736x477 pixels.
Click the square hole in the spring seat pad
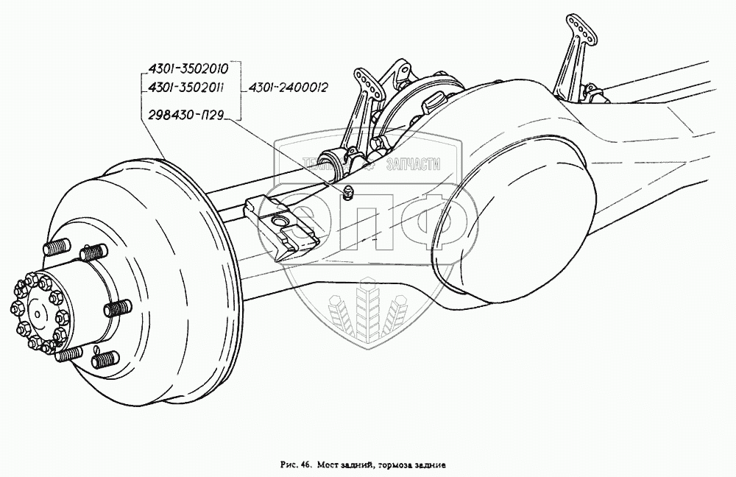pos(280,220)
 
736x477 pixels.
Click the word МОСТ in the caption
pos(330,465)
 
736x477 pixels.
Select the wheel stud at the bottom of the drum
pos(105,361)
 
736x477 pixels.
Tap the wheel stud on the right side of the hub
pos(117,308)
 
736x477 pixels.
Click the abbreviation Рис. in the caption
pos(289,465)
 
